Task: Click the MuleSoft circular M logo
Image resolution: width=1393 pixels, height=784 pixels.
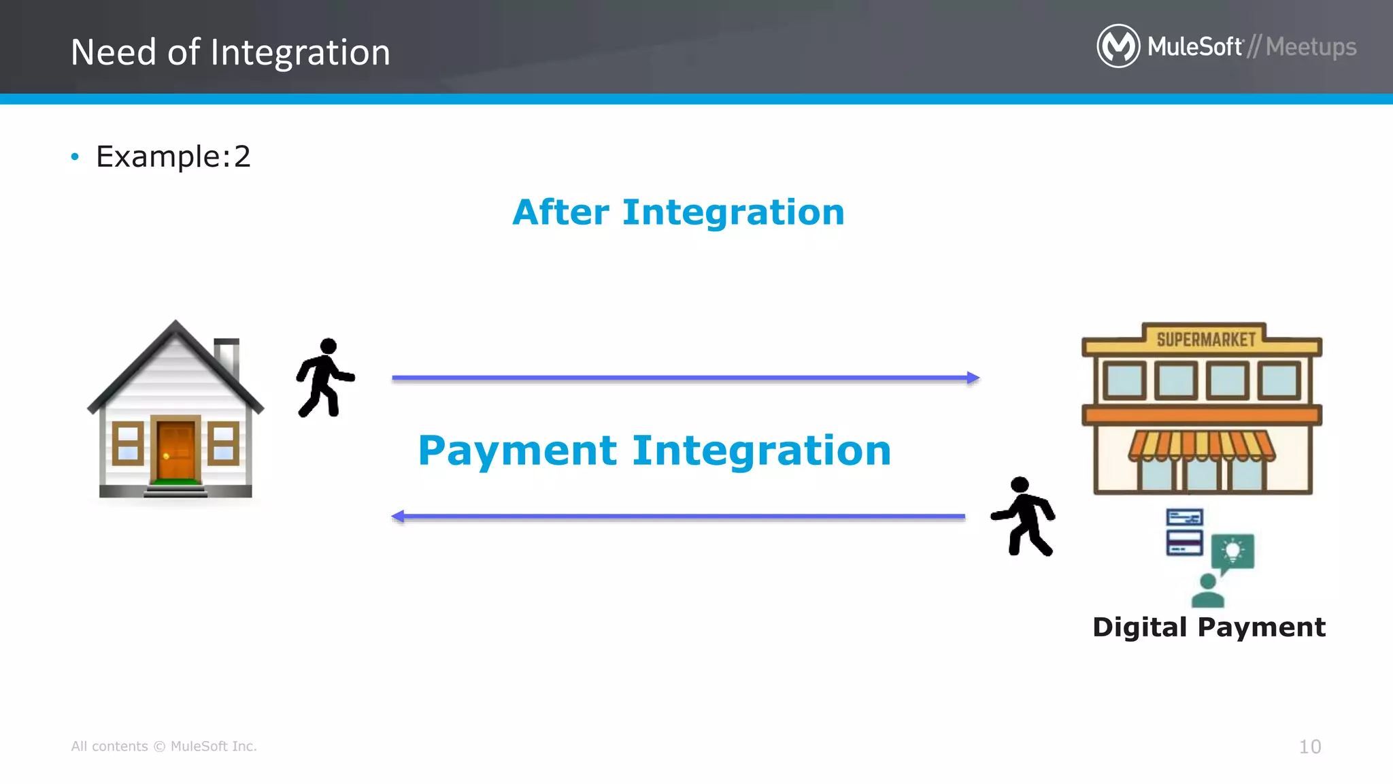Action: tap(1118, 46)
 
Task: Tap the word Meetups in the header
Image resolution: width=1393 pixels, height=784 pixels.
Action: tap(1311, 47)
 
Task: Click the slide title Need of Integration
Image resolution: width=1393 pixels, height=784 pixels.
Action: tap(231, 52)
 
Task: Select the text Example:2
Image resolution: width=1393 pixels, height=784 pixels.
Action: tap(173, 157)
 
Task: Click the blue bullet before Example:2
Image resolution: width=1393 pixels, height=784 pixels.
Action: tap(75, 157)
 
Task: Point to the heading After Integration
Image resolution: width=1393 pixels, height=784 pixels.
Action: tap(678, 212)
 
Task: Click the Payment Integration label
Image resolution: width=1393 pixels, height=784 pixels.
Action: tap(654, 451)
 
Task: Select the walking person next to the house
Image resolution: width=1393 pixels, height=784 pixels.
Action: tap(325, 377)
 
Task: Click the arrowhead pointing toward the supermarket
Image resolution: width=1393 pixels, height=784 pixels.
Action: tap(973, 378)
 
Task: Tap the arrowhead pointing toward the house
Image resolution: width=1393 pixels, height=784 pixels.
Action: tap(399, 517)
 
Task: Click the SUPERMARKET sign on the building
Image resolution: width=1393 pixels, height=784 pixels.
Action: tap(1205, 339)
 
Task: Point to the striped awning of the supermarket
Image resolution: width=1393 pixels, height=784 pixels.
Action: tap(1202, 445)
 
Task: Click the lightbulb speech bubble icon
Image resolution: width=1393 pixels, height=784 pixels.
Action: tap(1232, 551)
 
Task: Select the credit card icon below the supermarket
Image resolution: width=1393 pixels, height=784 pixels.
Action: tap(1184, 532)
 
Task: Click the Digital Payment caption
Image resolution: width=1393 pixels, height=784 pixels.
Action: tap(1209, 627)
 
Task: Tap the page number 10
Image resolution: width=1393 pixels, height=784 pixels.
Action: tap(1309, 747)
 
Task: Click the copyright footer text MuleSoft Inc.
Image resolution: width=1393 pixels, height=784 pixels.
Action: tap(213, 747)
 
